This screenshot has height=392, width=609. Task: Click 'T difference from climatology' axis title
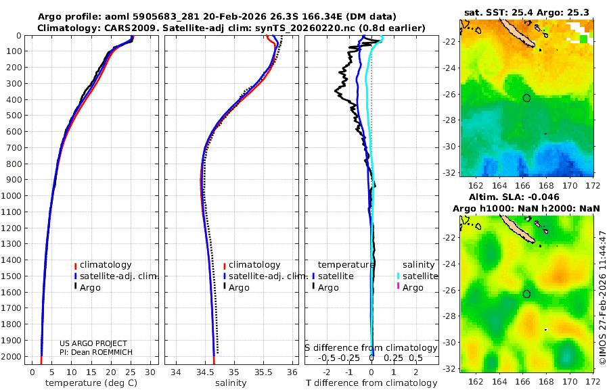pos(371,383)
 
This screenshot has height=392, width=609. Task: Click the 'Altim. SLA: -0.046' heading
pos(526,197)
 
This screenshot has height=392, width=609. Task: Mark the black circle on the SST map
pos(526,98)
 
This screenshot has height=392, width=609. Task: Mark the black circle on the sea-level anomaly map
pos(526,294)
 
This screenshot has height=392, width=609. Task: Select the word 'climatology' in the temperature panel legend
pos(107,265)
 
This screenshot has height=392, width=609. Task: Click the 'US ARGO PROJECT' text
pos(93,343)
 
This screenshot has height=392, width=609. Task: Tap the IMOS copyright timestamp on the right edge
pos(602,297)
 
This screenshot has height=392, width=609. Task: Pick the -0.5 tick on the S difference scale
pos(327,358)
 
